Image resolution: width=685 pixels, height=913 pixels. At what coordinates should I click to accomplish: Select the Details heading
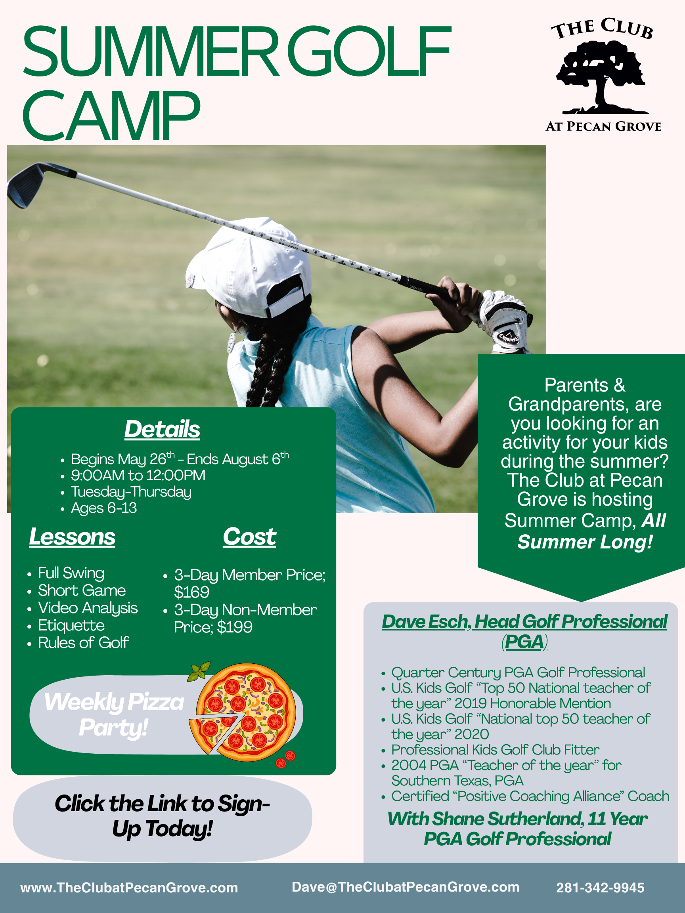click(162, 429)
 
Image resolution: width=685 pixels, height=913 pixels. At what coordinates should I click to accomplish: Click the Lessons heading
click(72, 537)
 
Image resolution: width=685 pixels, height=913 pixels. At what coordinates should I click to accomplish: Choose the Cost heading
click(249, 537)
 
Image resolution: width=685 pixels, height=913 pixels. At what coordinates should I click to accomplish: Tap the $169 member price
click(191, 592)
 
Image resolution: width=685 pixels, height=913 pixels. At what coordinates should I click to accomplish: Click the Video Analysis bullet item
click(88, 608)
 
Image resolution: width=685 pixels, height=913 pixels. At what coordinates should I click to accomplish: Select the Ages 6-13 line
click(103, 508)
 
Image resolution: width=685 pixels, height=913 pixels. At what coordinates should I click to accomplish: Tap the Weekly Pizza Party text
click(114, 714)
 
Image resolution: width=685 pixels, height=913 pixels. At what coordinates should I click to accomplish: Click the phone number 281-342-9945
click(600, 888)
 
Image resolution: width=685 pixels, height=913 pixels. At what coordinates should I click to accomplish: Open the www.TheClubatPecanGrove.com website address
click(129, 888)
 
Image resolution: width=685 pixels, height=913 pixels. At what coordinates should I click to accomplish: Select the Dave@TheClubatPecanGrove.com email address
click(406, 887)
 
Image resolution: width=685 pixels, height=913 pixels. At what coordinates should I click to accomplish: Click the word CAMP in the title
click(111, 116)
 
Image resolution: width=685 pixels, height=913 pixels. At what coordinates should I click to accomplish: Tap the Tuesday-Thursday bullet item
click(131, 492)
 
